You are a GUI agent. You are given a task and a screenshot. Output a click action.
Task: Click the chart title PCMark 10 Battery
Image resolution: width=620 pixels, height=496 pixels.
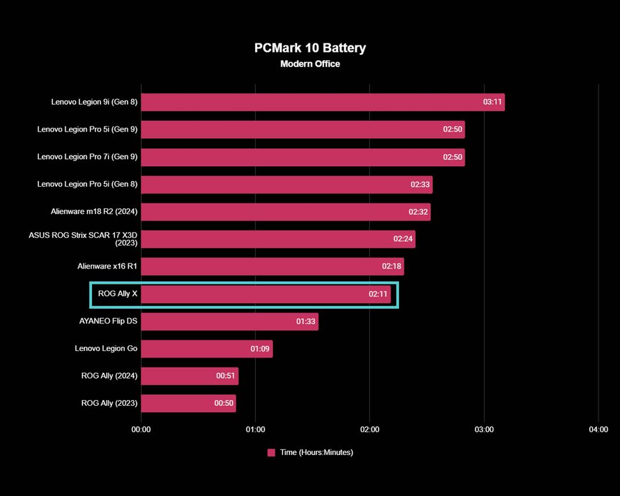coord(310,48)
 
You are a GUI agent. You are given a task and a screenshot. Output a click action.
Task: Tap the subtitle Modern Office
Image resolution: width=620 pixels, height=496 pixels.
coord(310,64)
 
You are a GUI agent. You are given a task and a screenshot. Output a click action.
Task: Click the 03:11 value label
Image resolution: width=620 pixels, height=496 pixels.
coord(492,102)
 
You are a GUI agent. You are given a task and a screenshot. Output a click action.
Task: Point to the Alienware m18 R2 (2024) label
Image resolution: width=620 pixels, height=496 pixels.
coord(94,212)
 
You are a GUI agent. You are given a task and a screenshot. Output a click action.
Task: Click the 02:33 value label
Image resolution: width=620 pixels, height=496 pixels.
coord(421,185)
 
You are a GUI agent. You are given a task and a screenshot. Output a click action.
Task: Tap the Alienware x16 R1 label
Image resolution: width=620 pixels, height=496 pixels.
coord(107,267)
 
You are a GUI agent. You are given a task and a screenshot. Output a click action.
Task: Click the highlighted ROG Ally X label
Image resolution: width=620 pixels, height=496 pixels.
coord(118,294)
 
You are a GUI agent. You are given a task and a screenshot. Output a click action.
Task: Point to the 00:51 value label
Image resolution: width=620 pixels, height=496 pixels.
coord(226,376)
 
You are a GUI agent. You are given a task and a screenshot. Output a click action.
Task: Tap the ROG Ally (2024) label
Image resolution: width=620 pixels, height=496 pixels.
coord(109,376)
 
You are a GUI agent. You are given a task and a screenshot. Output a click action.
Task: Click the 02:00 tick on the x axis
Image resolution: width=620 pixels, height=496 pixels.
coord(369,430)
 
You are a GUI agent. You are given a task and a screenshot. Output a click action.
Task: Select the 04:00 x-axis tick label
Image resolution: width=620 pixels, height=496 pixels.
coord(598,430)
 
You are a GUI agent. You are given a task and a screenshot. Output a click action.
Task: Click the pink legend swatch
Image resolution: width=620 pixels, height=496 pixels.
coord(272,453)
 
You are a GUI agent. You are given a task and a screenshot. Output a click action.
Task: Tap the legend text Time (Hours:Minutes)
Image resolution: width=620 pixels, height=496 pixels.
coord(316,453)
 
